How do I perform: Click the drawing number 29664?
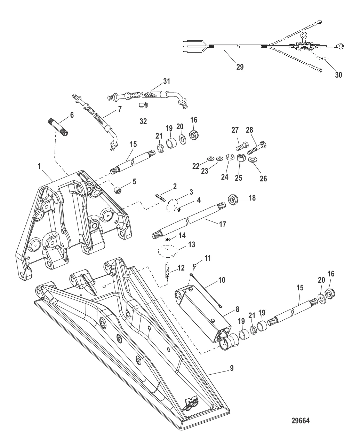(300, 421)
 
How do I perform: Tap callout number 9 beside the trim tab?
(232, 368)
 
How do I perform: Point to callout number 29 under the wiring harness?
(240, 66)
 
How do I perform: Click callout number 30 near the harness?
(338, 75)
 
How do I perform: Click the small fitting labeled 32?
(143, 105)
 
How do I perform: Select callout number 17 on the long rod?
(222, 225)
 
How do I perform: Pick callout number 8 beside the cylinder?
(237, 309)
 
